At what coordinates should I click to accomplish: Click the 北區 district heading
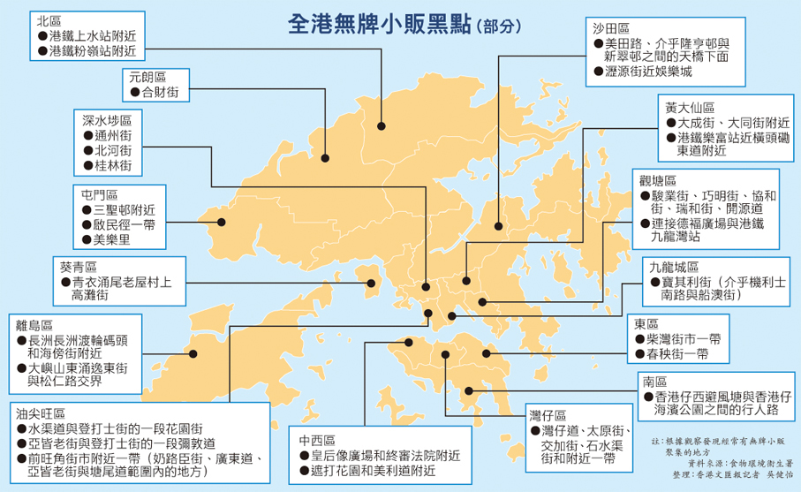[x=51, y=19]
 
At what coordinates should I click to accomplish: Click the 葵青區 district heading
[x=79, y=266]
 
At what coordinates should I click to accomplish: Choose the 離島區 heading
[x=34, y=323]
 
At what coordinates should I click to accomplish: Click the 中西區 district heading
[x=316, y=440]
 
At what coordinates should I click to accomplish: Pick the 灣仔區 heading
[x=548, y=414]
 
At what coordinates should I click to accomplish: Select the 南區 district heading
[x=655, y=382]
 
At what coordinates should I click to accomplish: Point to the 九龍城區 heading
[x=673, y=266]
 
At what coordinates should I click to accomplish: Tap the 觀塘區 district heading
[x=657, y=180]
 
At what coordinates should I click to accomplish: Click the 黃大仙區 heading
[x=690, y=107]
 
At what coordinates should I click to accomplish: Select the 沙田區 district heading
[x=610, y=28]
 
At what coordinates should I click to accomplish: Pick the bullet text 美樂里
[x=112, y=238]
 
